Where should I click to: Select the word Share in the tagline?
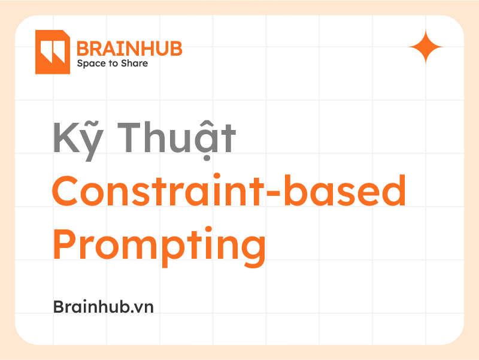(135, 63)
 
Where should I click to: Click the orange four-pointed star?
(426, 46)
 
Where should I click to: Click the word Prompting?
(159, 246)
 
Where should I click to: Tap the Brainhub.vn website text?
(104, 307)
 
